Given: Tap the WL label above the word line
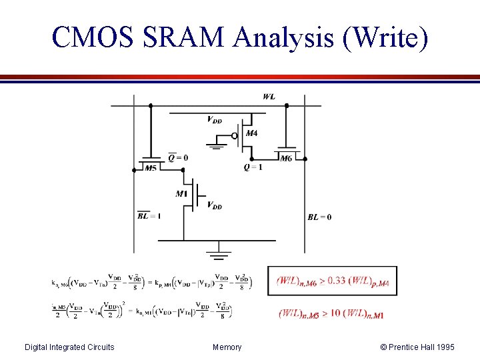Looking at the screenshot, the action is [x=269, y=97].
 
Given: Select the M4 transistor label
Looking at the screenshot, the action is [x=251, y=134].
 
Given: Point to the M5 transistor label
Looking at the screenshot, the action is [x=151, y=168].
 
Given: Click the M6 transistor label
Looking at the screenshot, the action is [x=286, y=159].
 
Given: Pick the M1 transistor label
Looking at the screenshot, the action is [x=181, y=194].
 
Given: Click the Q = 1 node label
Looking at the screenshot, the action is [x=253, y=167].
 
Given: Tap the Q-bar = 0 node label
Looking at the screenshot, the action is [x=178, y=158].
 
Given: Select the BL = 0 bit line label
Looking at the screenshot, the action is [x=319, y=217].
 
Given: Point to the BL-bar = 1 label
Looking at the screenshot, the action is [x=149, y=216].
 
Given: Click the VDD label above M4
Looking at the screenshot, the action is [x=215, y=121].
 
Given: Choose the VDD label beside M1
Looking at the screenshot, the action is [x=215, y=205].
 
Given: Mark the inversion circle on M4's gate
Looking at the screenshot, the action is [x=234, y=135].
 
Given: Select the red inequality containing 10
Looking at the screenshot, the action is [x=331, y=313].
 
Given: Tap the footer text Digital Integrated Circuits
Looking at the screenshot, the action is [x=69, y=347].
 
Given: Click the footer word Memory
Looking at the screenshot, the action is [x=227, y=347].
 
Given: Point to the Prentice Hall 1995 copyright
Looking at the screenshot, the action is [x=417, y=347].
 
